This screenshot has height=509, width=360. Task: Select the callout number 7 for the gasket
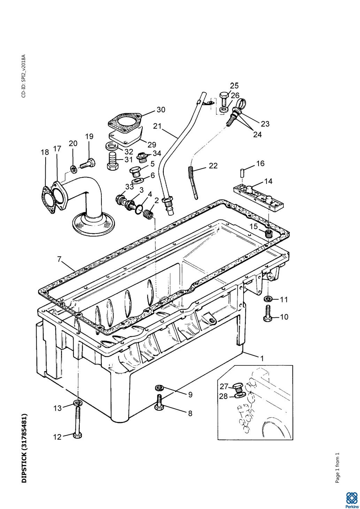59,259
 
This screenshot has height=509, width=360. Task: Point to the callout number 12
57,437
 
